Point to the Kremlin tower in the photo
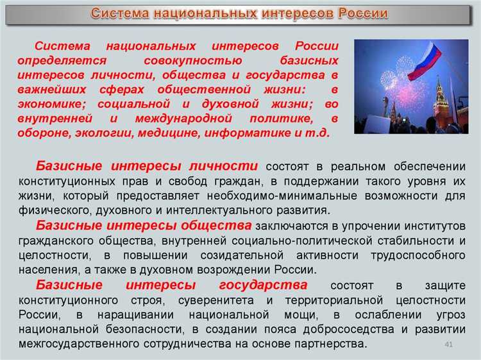point(440,102)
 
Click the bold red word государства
point(263,285)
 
